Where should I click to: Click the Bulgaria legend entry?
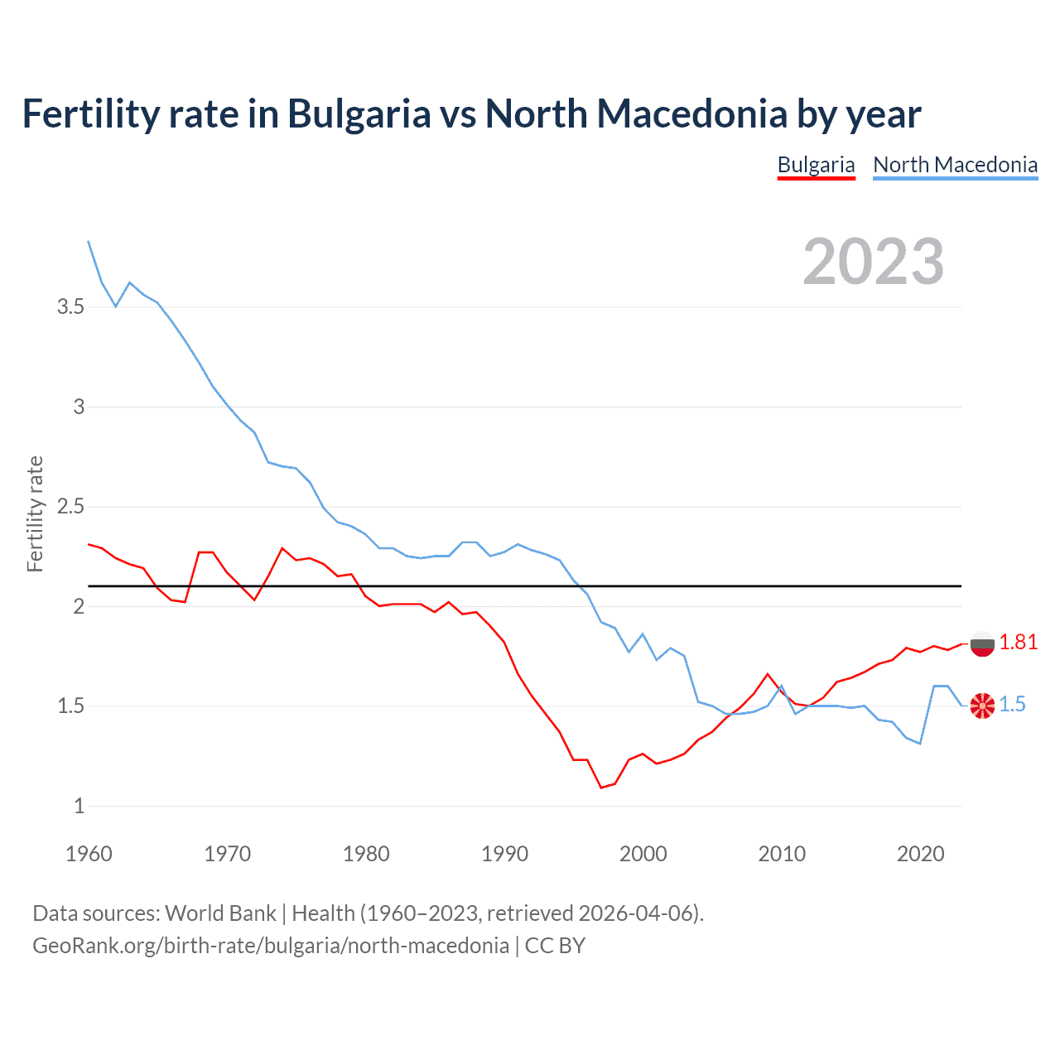tap(816, 165)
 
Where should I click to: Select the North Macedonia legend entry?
tap(955, 165)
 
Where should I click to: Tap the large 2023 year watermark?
tap(873, 262)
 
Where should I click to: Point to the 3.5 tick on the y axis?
tap(70, 307)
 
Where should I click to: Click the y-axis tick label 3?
tap(79, 407)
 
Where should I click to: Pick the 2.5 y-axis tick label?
tap(70, 507)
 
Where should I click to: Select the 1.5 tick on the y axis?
tap(70, 706)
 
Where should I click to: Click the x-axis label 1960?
tap(89, 854)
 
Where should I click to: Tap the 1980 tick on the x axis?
tap(366, 854)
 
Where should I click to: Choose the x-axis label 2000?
tap(643, 854)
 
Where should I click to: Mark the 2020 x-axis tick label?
tap(920, 854)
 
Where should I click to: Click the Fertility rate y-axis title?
tap(35, 513)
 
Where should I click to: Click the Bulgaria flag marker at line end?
tap(982, 643)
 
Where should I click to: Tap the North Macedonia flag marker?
tap(982, 706)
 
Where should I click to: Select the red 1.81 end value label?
tap(1018, 643)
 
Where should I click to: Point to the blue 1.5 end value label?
tap(1012, 705)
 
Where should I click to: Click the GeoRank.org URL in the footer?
tap(270, 946)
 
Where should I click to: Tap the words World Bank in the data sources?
tap(220, 913)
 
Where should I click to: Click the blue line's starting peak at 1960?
tap(89, 241)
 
